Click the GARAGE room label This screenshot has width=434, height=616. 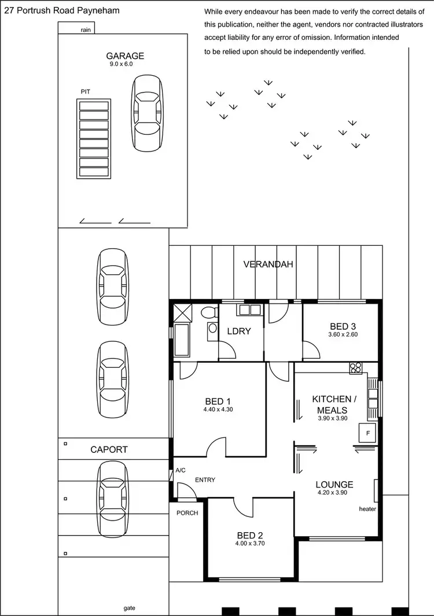coord(125,56)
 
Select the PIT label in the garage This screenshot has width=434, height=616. coord(86,91)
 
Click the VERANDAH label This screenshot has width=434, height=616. coord(269,264)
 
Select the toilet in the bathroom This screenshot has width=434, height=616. coord(208,313)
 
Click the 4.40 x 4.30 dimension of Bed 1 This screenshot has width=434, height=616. coord(218,410)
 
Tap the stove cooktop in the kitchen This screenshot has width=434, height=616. coord(355,368)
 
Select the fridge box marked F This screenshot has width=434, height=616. coord(366,433)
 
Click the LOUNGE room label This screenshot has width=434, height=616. coord(334,485)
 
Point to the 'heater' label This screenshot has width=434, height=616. coord(367,509)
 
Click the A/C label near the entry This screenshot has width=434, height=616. coord(181,471)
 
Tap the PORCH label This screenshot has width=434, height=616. coord(187,513)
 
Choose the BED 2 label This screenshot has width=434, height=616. coord(250,535)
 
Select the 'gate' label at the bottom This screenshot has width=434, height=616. coord(130,608)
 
